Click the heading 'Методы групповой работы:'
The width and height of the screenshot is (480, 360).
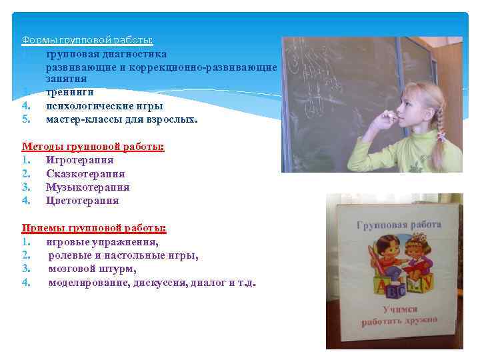[x=93, y=146]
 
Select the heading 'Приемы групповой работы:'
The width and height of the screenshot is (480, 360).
[x=94, y=228]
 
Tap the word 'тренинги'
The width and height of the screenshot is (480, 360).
[x=69, y=92]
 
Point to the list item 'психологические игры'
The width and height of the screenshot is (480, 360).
[x=104, y=106]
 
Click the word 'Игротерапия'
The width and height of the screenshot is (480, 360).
[x=79, y=160]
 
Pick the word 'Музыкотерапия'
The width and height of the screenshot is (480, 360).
[x=87, y=187]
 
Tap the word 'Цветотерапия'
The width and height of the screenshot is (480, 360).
[x=82, y=201]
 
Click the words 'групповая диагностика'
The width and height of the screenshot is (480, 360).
[x=106, y=53]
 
